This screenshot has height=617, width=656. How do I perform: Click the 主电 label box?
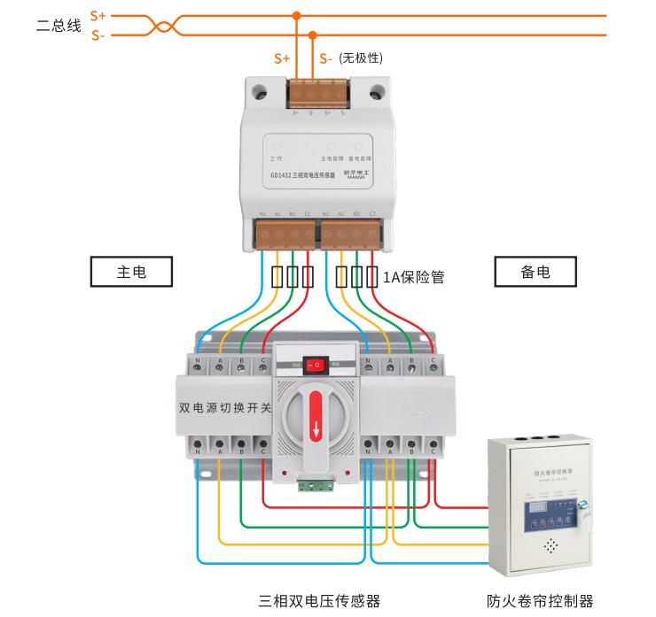click(x=131, y=273)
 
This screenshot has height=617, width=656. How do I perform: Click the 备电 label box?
click(x=535, y=273)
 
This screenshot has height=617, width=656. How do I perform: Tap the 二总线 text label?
click(x=59, y=26)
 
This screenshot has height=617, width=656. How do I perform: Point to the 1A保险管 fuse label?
click(x=413, y=277)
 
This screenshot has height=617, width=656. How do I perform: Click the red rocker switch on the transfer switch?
click(x=313, y=364)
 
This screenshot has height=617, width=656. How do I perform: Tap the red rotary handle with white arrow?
click(x=315, y=416)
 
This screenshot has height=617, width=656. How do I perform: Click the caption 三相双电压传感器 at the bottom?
click(x=319, y=601)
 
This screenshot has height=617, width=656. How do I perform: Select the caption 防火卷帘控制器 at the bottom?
click(x=540, y=601)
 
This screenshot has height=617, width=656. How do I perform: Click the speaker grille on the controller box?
click(x=551, y=546)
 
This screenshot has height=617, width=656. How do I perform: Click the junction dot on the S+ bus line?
click(x=296, y=15)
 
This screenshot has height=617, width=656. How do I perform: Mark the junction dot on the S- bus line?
click(x=313, y=35)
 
